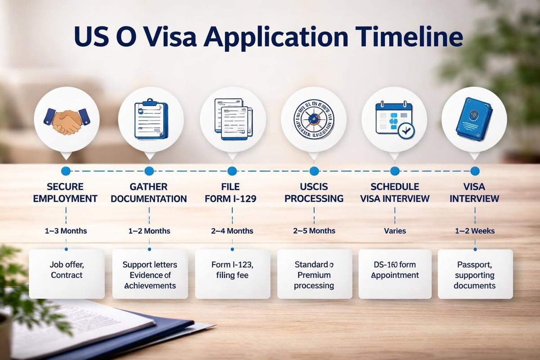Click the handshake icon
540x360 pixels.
point(67,119)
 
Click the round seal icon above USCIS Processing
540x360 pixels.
point(314,119)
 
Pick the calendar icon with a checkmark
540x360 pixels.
point(395,119)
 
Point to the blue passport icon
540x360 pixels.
point(474,119)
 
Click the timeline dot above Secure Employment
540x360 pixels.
point(66,171)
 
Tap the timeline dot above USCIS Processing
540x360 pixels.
point(314,171)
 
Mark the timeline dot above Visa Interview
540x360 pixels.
point(475,171)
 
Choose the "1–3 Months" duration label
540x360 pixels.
point(66,231)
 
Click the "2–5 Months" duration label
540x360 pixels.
point(314,231)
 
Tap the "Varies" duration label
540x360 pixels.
point(395,231)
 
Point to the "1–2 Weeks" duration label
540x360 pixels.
point(475,231)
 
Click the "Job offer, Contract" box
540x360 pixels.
point(67,274)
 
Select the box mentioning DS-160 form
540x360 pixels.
point(395,274)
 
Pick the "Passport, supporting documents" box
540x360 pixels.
point(475,274)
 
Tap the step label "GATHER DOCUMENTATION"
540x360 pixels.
point(149,192)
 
